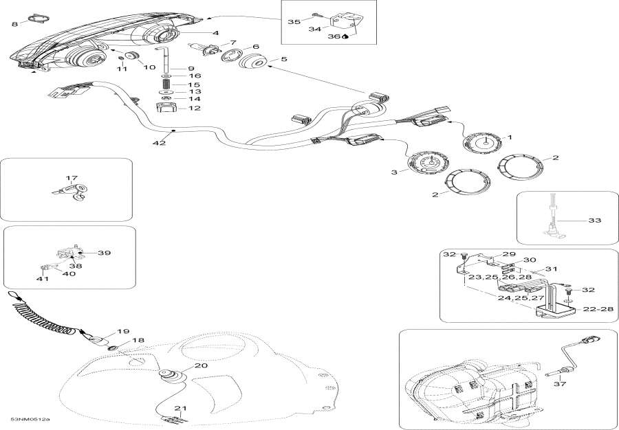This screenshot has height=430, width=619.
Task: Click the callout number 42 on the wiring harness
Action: [x=160, y=143]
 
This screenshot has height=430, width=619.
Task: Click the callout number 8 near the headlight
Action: [x=14, y=25]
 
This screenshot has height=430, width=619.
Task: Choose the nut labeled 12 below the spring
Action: [x=166, y=108]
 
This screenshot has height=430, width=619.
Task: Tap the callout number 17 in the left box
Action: [x=72, y=179]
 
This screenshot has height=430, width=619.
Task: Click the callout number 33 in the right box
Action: [x=594, y=220]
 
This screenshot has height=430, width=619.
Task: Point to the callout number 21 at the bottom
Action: [x=180, y=409]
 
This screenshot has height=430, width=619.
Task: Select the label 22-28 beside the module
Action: [x=597, y=309]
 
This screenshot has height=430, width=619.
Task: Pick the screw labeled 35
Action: [x=314, y=14]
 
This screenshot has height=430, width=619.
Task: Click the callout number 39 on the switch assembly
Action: [x=104, y=253]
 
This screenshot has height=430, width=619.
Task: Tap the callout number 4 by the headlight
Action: [x=215, y=33]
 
